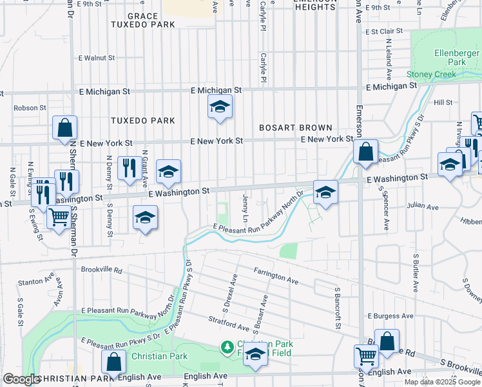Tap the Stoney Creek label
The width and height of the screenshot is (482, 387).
[x=431, y=74]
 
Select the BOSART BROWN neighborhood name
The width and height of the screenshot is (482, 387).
[x=295, y=128]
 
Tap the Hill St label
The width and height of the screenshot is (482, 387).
[x=443, y=102]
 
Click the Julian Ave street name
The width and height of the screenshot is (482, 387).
[x=422, y=206]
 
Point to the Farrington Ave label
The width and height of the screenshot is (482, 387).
[x=276, y=276]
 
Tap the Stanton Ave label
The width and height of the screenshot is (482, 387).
[x=36, y=281]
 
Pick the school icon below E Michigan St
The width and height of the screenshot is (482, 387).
[x=220, y=106]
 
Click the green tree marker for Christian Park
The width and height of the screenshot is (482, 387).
[x=227, y=348]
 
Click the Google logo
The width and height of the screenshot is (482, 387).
[x=21, y=379]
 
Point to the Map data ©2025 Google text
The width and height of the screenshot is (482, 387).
[x=441, y=382]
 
